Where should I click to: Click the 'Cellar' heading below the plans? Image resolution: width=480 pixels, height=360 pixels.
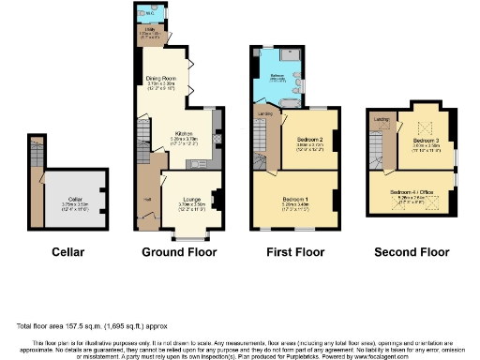67,253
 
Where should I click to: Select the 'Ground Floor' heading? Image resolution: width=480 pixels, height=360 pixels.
178,253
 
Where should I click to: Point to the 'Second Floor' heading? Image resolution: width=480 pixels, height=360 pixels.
412,253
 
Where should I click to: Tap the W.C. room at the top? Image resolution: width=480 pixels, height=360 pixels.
150,13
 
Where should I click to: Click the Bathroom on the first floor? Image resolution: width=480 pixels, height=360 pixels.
278,76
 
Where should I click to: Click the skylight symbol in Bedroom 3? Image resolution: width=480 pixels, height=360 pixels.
418,127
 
